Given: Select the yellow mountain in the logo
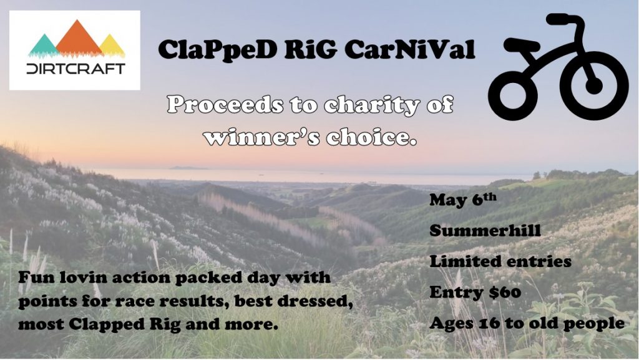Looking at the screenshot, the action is tap(111, 46).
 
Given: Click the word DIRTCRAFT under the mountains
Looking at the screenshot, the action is tap(76, 69).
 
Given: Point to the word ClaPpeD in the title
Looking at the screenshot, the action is tap(217, 50).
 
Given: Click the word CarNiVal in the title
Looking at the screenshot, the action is tap(409, 49).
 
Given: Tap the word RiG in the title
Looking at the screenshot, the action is tap(310, 49).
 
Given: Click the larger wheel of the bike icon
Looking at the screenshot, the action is tap(593, 86).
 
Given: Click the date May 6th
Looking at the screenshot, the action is tap(463, 199).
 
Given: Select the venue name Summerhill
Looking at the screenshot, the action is tap(485, 230).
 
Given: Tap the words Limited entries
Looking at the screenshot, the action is tap(500, 261).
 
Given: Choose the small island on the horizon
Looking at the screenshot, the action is tap(188, 167).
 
